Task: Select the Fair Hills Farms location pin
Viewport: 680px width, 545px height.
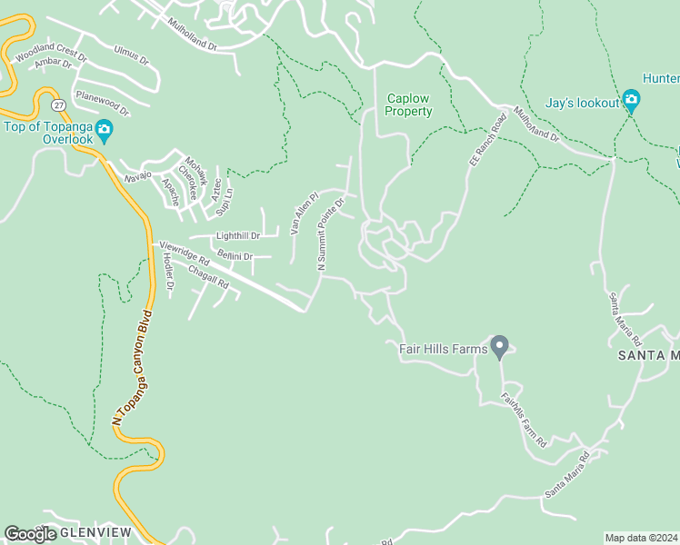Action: click(x=499, y=348)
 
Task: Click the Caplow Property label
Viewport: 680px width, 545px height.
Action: click(x=408, y=104)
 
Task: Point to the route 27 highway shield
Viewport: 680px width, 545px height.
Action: click(x=57, y=105)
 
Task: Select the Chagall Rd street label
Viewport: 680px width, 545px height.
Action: click(x=208, y=277)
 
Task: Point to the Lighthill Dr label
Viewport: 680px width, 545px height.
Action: click(x=237, y=236)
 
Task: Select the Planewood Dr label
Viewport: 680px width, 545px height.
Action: click(x=103, y=103)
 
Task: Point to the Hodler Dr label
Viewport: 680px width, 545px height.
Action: click(x=168, y=271)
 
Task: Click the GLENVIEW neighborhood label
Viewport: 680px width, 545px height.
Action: click(x=95, y=531)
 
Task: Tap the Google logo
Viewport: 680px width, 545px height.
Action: click(x=30, y=534)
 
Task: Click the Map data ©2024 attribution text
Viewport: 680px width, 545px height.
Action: click(x=642, y=538)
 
